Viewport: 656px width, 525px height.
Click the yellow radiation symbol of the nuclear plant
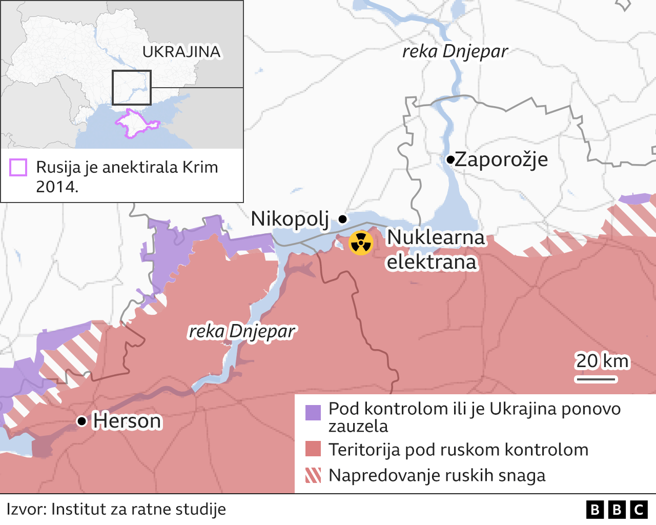coord(361,243)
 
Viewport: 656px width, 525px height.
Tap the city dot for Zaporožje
coord(450,160)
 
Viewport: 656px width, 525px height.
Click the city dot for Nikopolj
coord(343,219)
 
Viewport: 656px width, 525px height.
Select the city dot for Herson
coord(81,421)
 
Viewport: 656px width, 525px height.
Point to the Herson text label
coord(127,421)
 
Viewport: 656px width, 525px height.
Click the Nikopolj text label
coord(290,219)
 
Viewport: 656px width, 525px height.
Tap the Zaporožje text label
coord(501,159)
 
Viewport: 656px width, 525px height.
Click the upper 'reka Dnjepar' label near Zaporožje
coord(455,51)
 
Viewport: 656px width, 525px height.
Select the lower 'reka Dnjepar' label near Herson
coord(242,332)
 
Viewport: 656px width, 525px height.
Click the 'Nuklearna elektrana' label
coord(435,250)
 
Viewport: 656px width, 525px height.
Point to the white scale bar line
coord(596,379)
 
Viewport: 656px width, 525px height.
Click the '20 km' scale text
coord(602,361)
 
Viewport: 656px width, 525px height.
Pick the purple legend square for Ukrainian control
coord(313,412)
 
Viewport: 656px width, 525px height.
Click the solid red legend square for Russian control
coord(313,449)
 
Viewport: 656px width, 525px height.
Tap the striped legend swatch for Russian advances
coord(313,475)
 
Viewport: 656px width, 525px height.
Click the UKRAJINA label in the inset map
coord(181,52)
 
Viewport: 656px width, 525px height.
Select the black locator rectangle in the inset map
coord(132,88)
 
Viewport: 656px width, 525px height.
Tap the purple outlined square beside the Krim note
coord(18,168)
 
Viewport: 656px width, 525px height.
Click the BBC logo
coord(617,510)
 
